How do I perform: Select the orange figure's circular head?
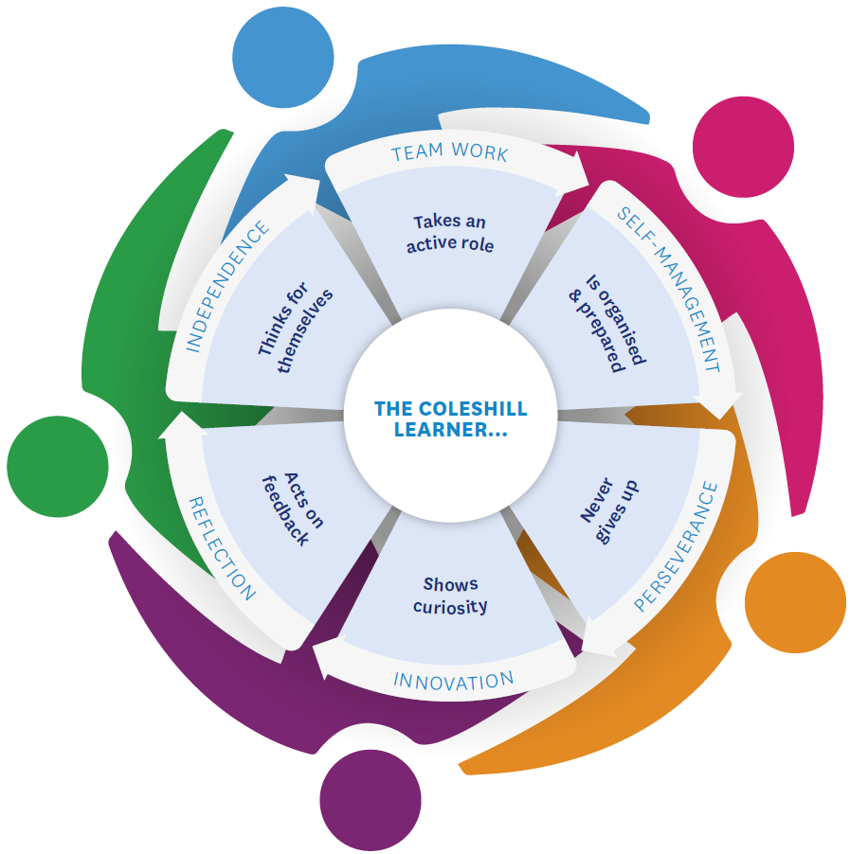(794, 602)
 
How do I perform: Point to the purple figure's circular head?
(370, 799)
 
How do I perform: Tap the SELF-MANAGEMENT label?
(669, 289)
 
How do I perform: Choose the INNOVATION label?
(453, 681)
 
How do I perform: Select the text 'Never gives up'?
(609, 512)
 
